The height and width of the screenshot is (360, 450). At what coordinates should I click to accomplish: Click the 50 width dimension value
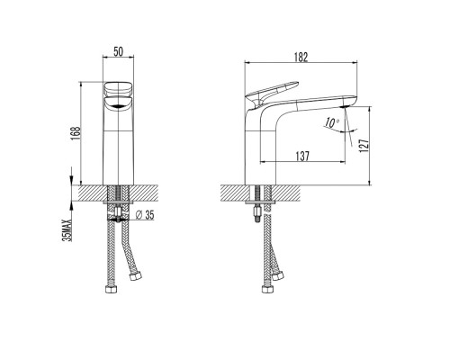118,51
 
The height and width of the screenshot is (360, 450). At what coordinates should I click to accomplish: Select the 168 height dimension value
76,132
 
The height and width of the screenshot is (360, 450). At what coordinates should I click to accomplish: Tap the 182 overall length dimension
301,57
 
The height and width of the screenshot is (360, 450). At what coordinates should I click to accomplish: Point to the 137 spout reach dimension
302,156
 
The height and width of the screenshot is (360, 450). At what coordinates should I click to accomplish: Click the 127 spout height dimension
364,146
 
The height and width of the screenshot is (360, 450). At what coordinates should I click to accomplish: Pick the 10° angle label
332,123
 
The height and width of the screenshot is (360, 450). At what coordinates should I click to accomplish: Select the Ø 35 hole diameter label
145,215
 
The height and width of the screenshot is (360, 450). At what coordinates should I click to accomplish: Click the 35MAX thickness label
68,230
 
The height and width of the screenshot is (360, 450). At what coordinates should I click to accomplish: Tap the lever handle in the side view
272,91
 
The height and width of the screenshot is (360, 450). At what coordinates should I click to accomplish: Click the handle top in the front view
118,88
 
